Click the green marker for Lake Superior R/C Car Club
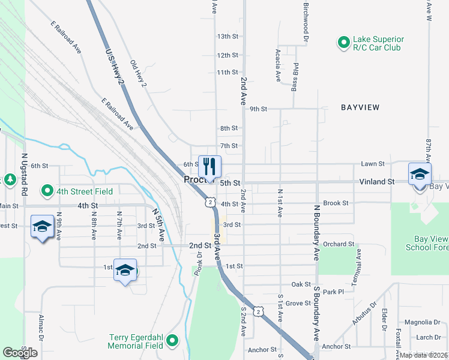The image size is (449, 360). (x=343, y=43)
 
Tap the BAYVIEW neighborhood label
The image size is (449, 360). (x=360, y=107)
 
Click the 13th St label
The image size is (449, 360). (x=228, y=37)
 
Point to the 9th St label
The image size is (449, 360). (x=258, y=109)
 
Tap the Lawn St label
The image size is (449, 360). (x=372, y=163)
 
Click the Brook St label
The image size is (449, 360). (x=336, y=203)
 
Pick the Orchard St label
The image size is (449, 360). (x=338, y=244)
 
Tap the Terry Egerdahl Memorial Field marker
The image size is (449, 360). (x=172, y=341)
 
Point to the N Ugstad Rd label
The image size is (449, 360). (x=25, y=174)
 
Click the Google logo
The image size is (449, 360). (x=20, y=353)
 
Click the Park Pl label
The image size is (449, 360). (x=333, y=292)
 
